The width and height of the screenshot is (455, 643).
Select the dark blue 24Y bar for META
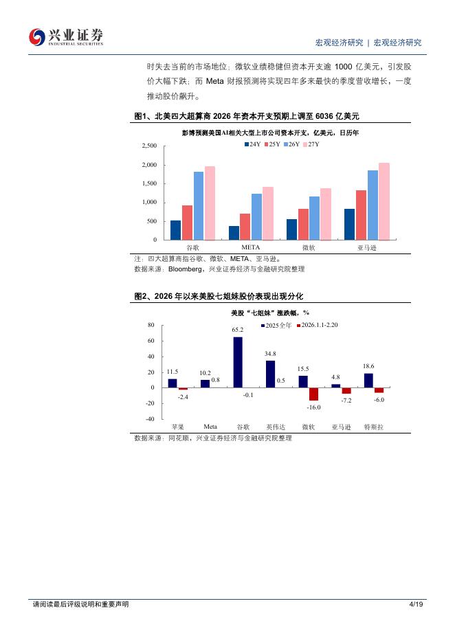pos(234,233)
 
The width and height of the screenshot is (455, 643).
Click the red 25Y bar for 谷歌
pos(187,223)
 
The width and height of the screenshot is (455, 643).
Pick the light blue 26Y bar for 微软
pos(314,218)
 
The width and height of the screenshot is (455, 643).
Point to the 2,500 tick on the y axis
pos(149,146)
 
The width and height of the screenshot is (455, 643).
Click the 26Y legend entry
pos(294,144)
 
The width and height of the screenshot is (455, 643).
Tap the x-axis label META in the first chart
pos(250,246)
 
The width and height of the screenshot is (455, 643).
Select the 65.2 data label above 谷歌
pos(238,330)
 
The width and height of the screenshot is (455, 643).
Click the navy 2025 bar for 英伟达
pos(270,374)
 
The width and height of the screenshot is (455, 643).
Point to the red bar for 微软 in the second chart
pos(314,394)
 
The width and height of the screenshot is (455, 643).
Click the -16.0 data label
pos(314,407)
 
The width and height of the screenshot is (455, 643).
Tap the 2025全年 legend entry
pos(278,324)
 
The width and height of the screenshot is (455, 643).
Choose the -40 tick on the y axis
pos(150,419)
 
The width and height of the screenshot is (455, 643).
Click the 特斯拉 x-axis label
pos(373,427)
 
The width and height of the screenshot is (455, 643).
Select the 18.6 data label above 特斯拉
pos(368,367)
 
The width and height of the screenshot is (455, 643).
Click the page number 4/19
pos(414,605)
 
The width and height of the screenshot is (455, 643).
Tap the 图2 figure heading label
pos(142,296)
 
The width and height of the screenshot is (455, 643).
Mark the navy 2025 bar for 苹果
pos(173,383)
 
